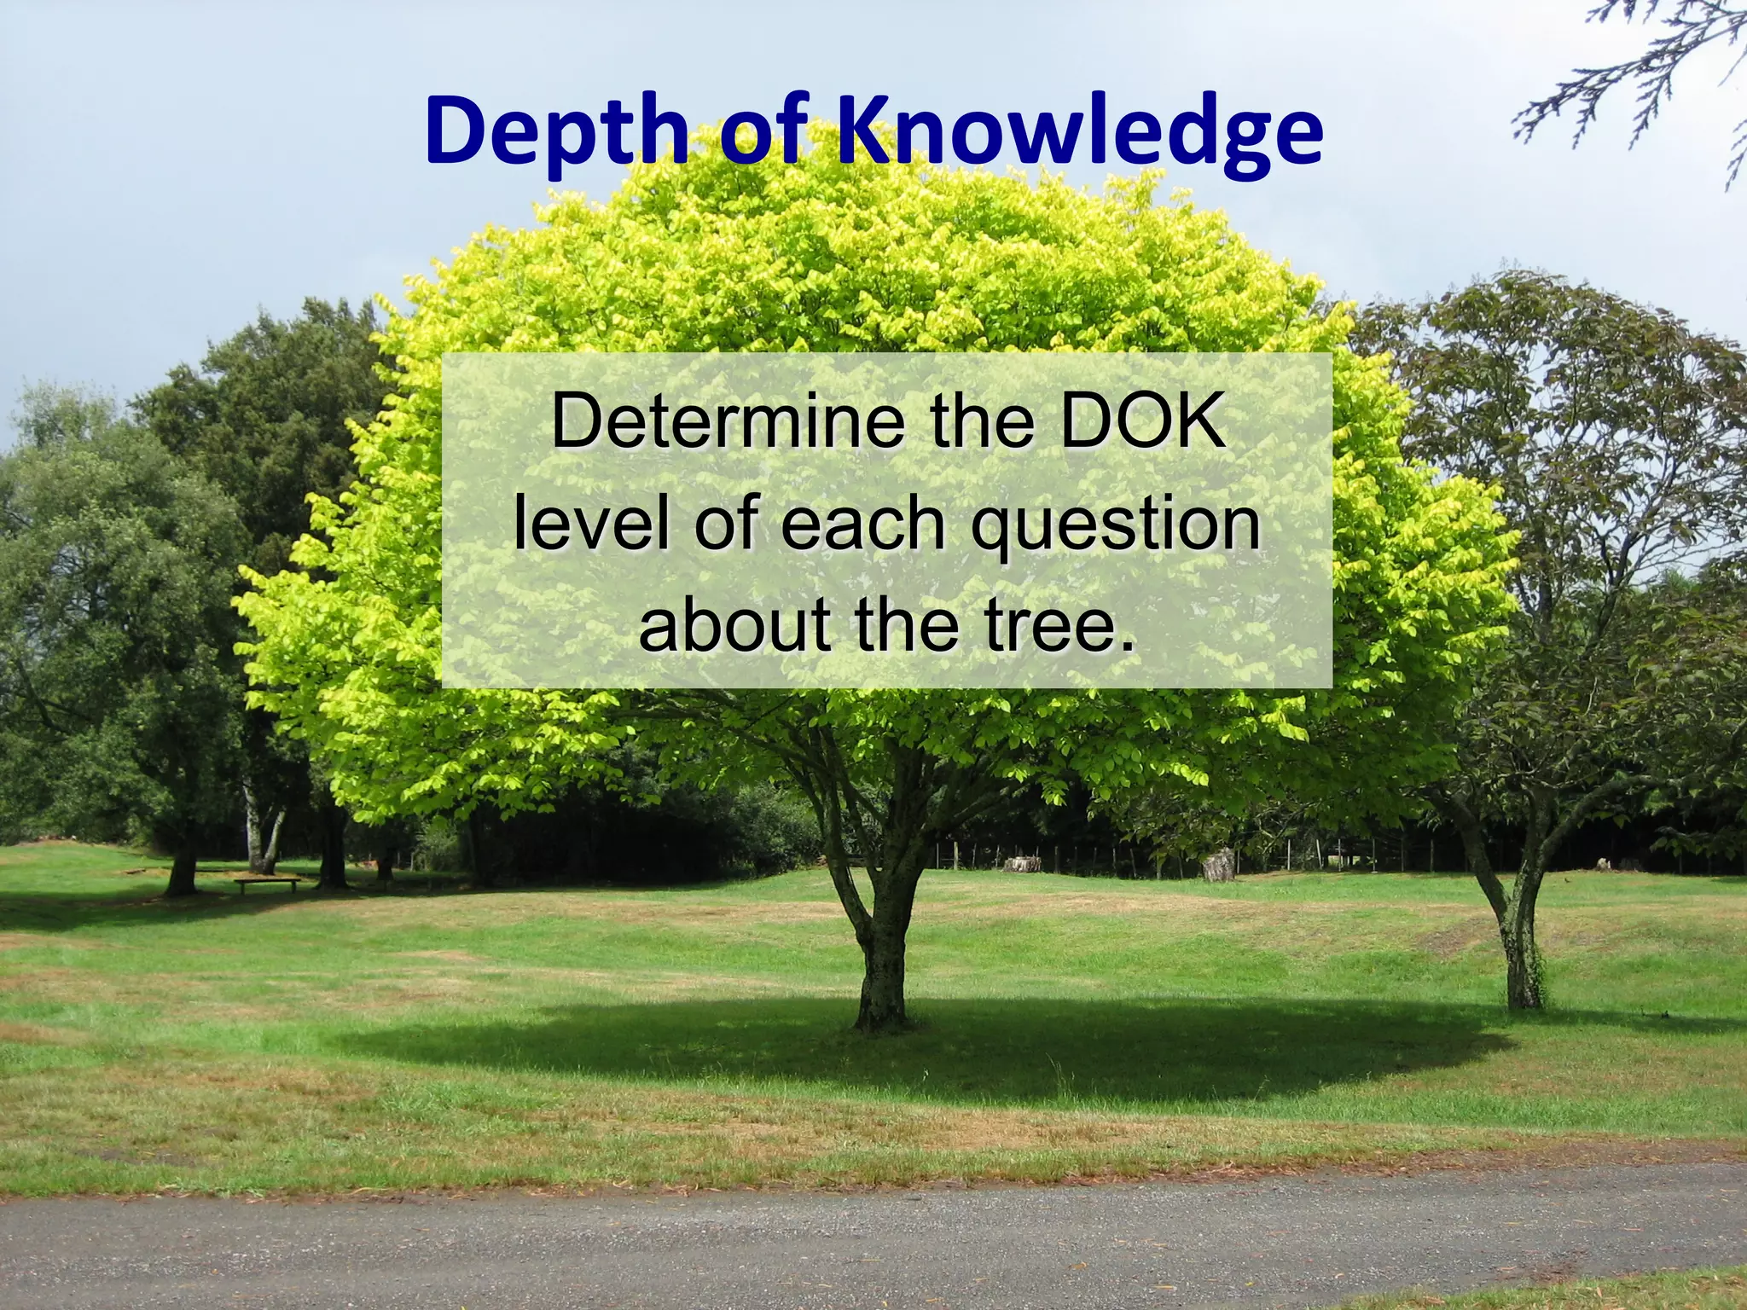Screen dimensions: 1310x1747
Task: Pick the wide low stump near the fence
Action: pyautogui.click(x=1022, y=863)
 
